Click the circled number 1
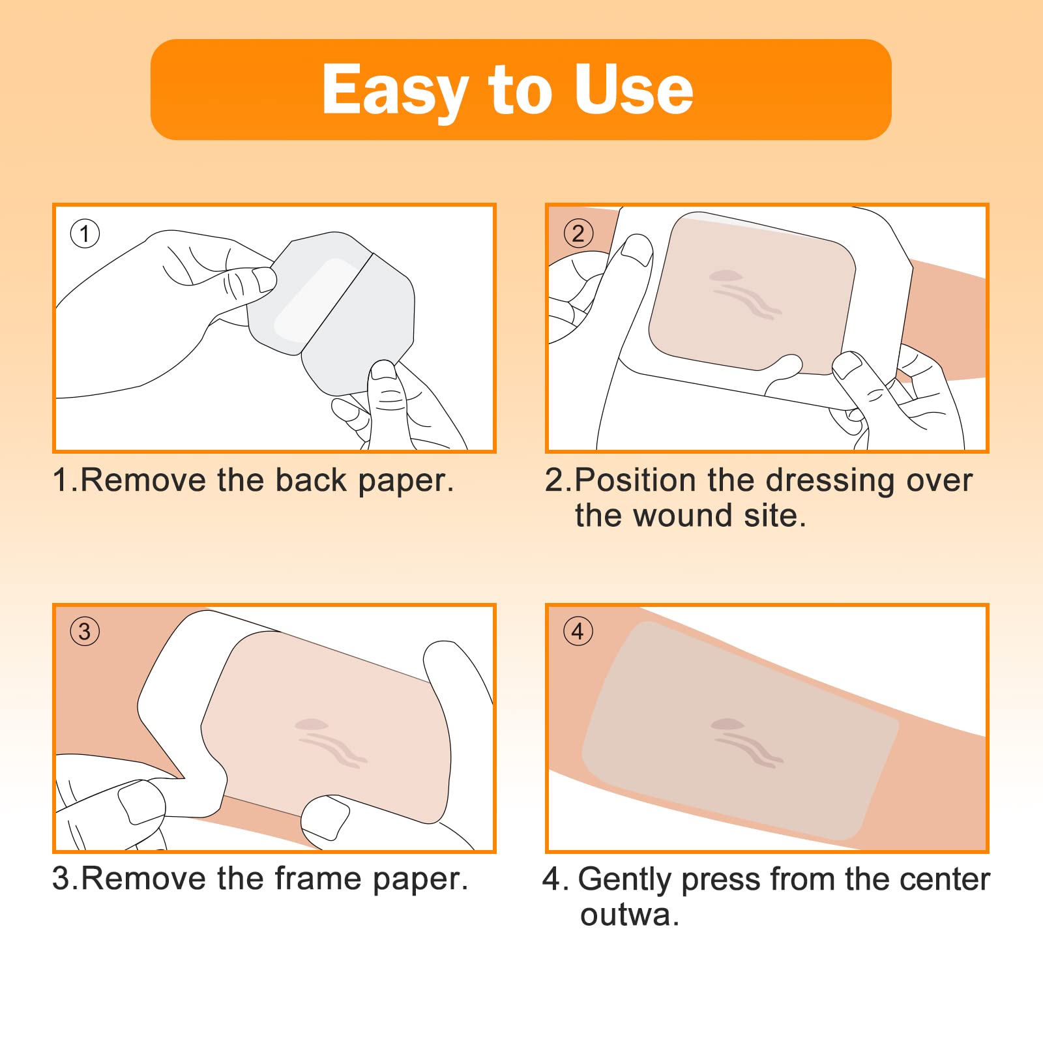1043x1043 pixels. point(85,233)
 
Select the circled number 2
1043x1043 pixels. point(578,233)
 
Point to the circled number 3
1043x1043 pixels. point(85,631)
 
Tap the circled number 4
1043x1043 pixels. point(578,631)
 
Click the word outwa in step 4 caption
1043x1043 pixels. point(626,915)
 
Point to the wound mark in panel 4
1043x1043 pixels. point(746,743)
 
